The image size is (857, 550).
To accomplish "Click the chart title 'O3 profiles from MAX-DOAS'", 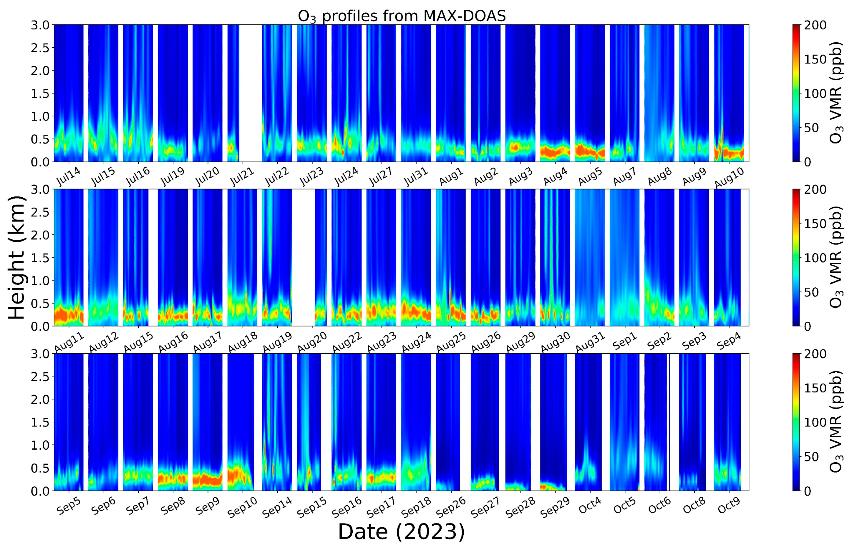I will [401, 16].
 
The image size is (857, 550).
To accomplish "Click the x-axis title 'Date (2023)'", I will [401, 531].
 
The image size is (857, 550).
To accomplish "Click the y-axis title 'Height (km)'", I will [17, 258].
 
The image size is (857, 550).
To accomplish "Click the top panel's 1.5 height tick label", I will [40, 94].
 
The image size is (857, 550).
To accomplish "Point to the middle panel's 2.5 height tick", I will [40, 212].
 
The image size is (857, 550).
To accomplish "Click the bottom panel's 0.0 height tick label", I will [40, 491].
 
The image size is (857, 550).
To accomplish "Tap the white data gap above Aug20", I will [303, 257].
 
